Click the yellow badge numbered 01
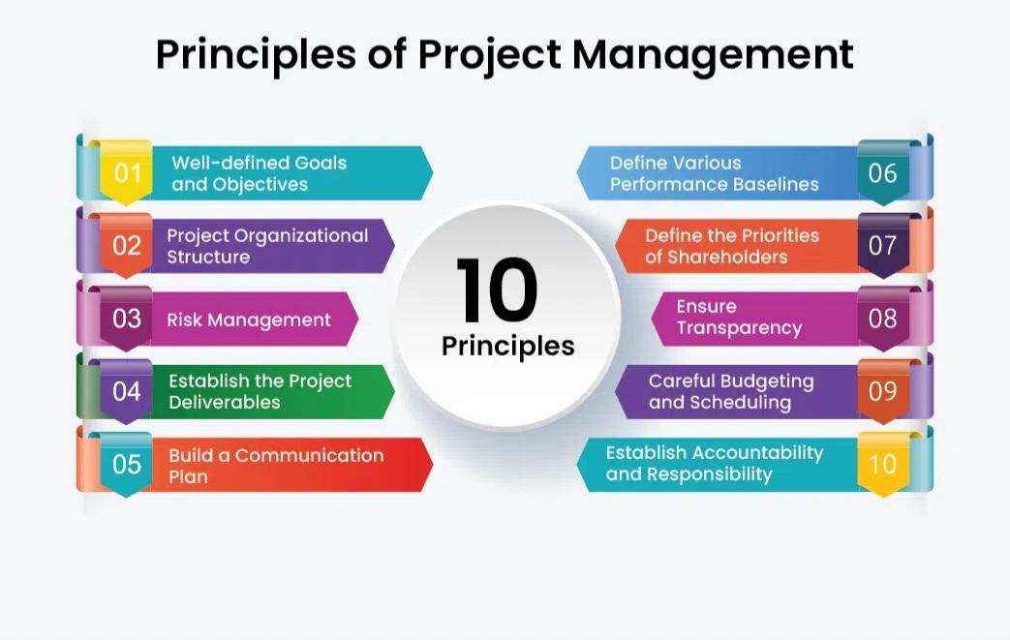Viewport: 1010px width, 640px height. pos(126,172)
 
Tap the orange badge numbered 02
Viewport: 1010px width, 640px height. pos(126,245)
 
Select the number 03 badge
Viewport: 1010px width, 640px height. pos(126,319)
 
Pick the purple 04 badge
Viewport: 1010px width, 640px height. pos(126,391)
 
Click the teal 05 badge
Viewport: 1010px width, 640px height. pos(126,464)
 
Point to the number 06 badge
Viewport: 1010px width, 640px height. pos(883,172)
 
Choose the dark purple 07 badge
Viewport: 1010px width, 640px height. pos(883,245)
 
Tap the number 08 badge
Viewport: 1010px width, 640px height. pos(883,319)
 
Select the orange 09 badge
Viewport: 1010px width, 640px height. pos(883,391)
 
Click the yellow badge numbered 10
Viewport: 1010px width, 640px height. pos(883,464)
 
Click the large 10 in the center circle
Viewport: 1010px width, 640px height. pos(497,290)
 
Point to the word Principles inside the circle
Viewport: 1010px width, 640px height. pos(508,347)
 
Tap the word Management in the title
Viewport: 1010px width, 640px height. pos(713,55)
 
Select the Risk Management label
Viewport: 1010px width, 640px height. pos(249,320)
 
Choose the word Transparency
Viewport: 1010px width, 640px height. pos(739,328)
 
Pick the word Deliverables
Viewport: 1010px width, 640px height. pos(225,403)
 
